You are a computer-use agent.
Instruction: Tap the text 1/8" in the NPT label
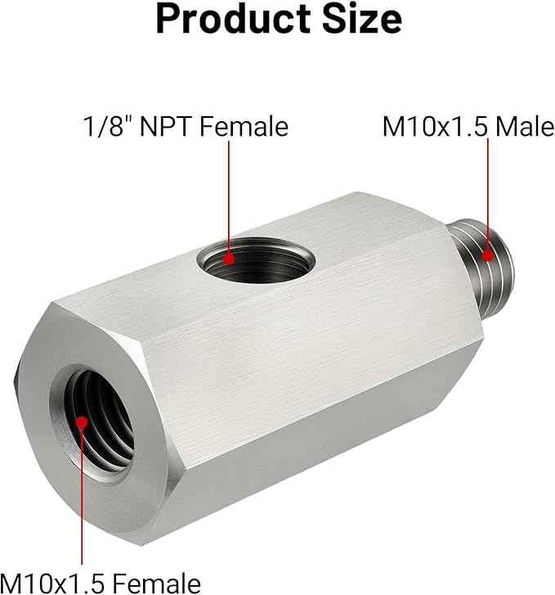click(x=107, y=127)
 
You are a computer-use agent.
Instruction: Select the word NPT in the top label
click(x=168, y=127)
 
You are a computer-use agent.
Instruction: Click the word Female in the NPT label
click(x=244, y=127)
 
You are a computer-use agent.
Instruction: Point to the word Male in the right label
click(x=524, y=127)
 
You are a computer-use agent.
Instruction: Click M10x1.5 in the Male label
click(x=434, y=127)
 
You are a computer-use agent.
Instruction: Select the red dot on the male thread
click(x=488, y=254)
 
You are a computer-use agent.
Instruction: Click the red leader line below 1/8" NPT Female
click(x=230, y=196)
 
